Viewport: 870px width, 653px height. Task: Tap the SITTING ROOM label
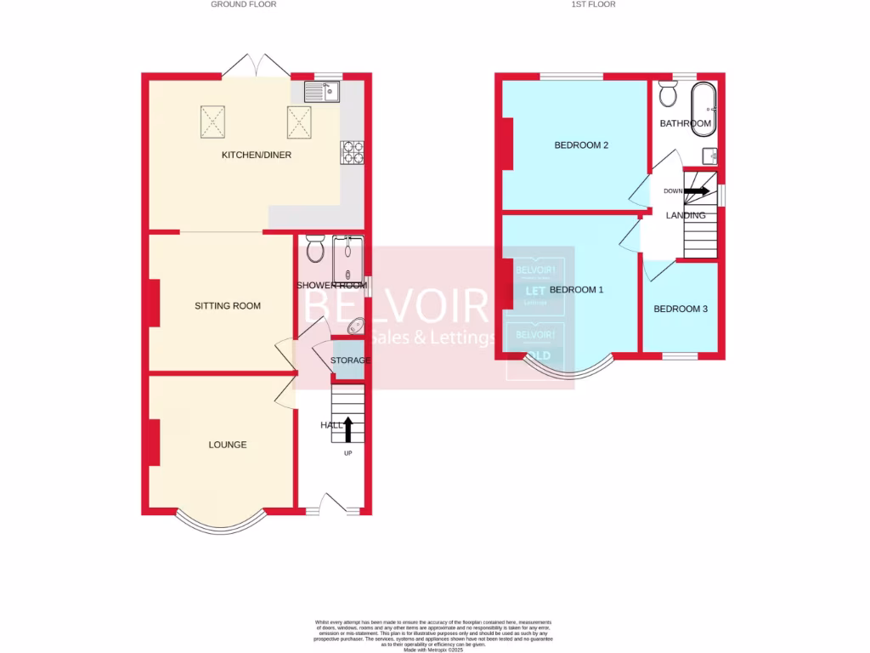[228, 305]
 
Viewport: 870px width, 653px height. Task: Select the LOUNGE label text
[228, 445]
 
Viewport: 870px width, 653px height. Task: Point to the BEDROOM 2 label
[581, 145]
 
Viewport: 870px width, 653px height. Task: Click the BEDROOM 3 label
[681, 309]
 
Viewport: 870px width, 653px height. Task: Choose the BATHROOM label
[686, 123]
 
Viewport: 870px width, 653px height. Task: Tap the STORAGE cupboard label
[350, 361]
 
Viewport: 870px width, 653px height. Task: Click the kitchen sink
[322, 91]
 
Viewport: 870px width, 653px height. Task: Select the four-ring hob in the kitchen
[353, 152]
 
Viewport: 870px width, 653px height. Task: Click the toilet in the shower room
[314, 249]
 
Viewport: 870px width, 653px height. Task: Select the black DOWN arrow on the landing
[696, 191]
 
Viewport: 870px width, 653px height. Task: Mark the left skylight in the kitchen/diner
[213, 121]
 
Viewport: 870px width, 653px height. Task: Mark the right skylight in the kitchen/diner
[300, 121]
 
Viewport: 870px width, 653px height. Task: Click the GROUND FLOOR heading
[244, 4]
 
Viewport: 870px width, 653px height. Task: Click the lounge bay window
[221, 523]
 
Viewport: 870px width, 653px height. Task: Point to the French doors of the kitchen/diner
[256, 66]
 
